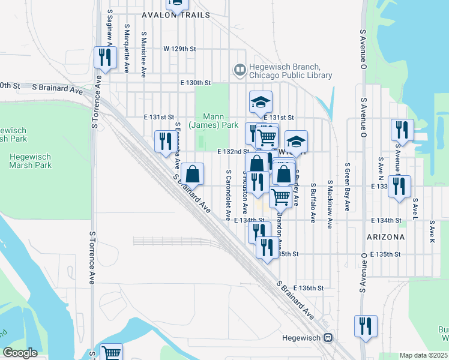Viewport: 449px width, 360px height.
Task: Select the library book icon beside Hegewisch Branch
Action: click(x=240, y=71)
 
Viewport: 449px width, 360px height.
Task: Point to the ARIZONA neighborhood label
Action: click(x=385, y=237)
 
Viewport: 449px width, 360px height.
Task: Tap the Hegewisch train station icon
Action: click(x=328, y=337)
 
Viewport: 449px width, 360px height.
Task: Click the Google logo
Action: click(x=20, y=352)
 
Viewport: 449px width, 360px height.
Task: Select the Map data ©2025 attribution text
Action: click(x=423, y=355)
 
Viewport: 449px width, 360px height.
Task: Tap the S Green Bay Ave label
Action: click(x=347, y=186)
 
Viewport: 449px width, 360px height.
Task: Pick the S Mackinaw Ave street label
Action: click(x=330, y=204)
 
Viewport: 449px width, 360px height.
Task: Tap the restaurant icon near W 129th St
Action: click(x=104, y=58)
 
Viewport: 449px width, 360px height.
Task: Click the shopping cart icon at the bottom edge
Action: click(x=111, y=353)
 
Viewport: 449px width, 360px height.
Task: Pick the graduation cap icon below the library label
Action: click(x=261, y=102)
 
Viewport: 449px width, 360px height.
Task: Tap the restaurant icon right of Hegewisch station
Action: click(x=366, y=326)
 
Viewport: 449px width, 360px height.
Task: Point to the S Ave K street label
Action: click(x=432, y=232)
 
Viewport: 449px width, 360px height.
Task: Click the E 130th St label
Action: click(x=195, y=83)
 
